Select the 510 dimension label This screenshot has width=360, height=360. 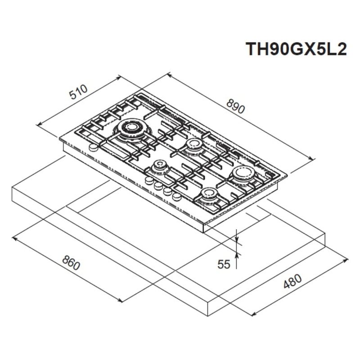78,93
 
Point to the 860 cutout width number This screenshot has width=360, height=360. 71,263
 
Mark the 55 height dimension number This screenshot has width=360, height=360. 224,264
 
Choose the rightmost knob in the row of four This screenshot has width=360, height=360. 176,196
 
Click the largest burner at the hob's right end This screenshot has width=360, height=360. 243,173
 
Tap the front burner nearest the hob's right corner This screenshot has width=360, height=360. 210,194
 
